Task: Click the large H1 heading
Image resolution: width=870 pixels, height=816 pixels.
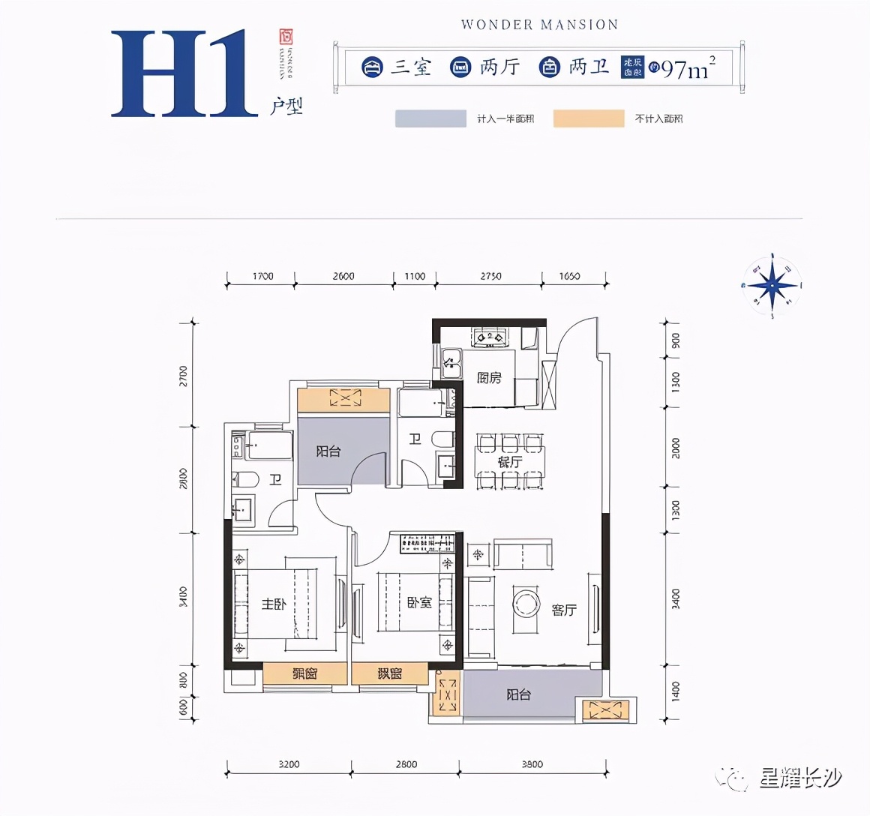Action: pos(180,73)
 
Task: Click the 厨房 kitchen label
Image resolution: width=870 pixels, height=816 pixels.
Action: pos(489,378)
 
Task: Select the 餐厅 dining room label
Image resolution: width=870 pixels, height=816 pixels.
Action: pos(509,462)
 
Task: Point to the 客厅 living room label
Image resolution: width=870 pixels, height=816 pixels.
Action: pos(563,610)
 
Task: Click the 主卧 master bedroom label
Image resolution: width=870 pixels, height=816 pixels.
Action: pos(273,604)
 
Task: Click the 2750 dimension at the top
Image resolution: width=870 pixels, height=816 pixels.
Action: pos(490,276)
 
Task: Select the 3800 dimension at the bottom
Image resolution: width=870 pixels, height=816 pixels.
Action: pos(532,764)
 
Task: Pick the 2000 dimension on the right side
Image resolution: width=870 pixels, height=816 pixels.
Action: pos(676,448)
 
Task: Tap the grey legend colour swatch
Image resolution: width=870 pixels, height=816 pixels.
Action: pos(430,118)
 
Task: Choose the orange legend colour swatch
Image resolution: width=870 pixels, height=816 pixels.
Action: pos(589,118)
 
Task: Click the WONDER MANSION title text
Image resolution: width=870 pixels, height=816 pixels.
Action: pos(539,25)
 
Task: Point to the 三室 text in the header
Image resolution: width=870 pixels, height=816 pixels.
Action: pos(411,67)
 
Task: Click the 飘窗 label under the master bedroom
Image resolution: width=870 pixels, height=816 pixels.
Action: pos(304,673)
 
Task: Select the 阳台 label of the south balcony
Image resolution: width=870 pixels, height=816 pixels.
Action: pos(518,694)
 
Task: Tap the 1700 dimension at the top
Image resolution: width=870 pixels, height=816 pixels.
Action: pos(262,276)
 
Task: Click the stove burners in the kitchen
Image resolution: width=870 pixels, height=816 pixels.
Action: pos(490,337)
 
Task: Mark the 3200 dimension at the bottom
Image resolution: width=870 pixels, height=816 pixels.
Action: pos(289,764)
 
